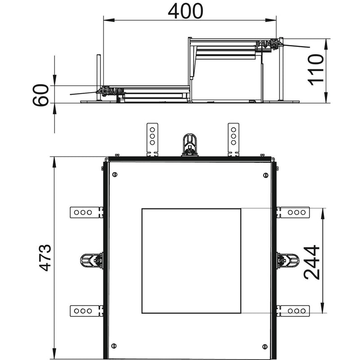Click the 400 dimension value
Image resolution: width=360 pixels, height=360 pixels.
click(185, 11)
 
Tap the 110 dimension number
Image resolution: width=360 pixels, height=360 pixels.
click(316, 70)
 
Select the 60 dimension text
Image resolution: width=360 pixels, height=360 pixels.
click(40, 95)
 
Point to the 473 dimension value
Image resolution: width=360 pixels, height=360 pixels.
click(45, 258)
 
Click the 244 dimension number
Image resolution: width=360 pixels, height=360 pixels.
click(311, 263)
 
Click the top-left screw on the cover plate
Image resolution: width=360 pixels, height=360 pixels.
click(115, 175)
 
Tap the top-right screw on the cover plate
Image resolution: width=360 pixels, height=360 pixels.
click(265, 175)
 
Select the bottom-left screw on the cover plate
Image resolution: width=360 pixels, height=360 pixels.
click(114, 346)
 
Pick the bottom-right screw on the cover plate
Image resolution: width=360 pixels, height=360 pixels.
click(265, 346)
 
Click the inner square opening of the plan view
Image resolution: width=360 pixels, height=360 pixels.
click(191, 261)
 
